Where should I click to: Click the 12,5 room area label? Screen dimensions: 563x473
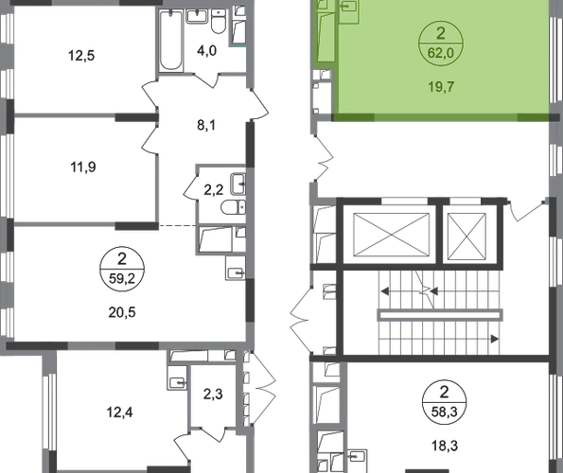point(81,56)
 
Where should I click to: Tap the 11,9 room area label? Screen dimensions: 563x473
point(83,167)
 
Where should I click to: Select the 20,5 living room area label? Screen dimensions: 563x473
point(122,312)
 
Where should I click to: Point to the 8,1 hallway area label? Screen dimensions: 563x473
point(206,126)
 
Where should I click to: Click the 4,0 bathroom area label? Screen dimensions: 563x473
point(207,51)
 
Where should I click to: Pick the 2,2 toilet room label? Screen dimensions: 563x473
point(214,190)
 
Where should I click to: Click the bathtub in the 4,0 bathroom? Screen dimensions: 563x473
point(170,40)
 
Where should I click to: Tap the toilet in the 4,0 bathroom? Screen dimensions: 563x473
point(218,22)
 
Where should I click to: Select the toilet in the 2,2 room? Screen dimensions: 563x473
point(233,208)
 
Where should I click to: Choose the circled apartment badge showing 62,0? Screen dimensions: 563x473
point(441,44)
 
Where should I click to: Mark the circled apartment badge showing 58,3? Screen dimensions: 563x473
point(445,402)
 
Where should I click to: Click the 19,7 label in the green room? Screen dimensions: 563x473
point(441,87)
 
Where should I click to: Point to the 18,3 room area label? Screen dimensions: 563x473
point(445,447)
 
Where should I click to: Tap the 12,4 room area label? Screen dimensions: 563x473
point(119,412)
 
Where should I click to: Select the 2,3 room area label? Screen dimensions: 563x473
point(213,394)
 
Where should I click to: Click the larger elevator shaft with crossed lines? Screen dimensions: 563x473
point(392,235)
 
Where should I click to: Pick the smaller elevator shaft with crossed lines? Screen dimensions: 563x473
point(466,236)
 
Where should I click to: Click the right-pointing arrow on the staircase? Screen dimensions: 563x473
point(495,339)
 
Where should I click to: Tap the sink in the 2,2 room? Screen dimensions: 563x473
point(238,184)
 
